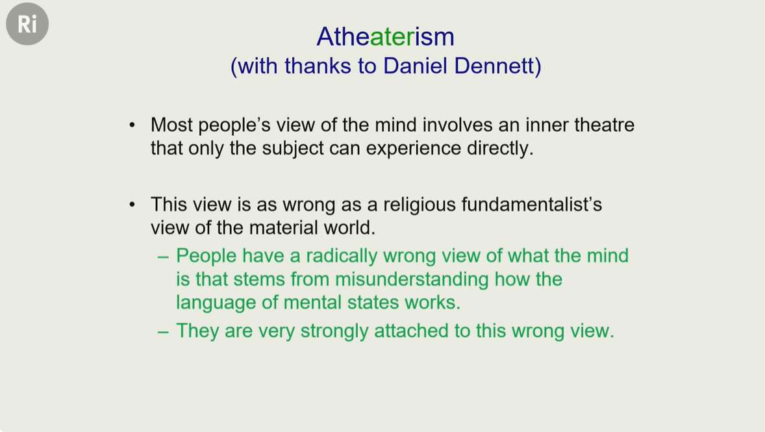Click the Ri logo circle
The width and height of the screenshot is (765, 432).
pyautogui.click(x=27, y=24)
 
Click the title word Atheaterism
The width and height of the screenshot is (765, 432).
pyautogui.click(x=386, y=36)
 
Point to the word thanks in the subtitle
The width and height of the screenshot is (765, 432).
pyautogui.click(x=318, y=66)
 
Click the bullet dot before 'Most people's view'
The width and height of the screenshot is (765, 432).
pyautogui.click(x=132, y=125)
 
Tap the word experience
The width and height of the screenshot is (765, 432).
pyautogui.click(x=413, y=148)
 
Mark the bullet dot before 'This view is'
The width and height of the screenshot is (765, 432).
pyautogui.click(x=132, y=205)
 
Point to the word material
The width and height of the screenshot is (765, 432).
pyautogui.click(x=284, y=227)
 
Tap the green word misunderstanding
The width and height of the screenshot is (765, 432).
pyautogui.click(x=412, y=279)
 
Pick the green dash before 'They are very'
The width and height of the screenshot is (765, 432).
pyautogui.click(x=163, y=332)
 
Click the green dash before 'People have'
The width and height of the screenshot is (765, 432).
pyautogui.click(x=163, y=257)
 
